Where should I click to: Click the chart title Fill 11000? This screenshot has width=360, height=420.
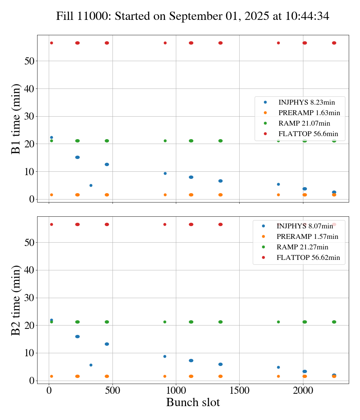click(x=193, y=16)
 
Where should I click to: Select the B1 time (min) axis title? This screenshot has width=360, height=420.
click(x=16, y=118)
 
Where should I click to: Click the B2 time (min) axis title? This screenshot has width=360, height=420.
click(x=16, y=300)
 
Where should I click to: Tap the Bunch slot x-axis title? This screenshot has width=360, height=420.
click(x=193, y=402)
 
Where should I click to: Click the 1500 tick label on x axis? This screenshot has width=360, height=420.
click(x=239, y=391)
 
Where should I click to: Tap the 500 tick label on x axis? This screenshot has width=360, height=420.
click(x=112, y=391)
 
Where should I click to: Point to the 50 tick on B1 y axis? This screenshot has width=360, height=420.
click(x=29, y=61)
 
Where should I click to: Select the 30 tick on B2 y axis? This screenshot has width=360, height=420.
click(x=29, y=298)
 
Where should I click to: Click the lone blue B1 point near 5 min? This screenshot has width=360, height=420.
click(x=91, y=185)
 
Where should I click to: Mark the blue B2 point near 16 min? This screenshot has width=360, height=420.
click(x=77, y=336)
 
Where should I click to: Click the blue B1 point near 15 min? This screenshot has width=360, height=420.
click(x=77, y=157)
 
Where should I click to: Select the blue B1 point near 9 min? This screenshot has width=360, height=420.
click(x=165, y=173)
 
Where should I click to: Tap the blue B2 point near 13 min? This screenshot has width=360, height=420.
click(x=107, y=344)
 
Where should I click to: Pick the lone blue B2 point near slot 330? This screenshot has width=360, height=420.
click(x=91, y=365)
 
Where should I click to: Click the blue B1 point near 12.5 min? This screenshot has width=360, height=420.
click(x=107, y=164)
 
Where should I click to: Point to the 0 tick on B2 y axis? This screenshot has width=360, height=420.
click(x=32, y=381)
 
